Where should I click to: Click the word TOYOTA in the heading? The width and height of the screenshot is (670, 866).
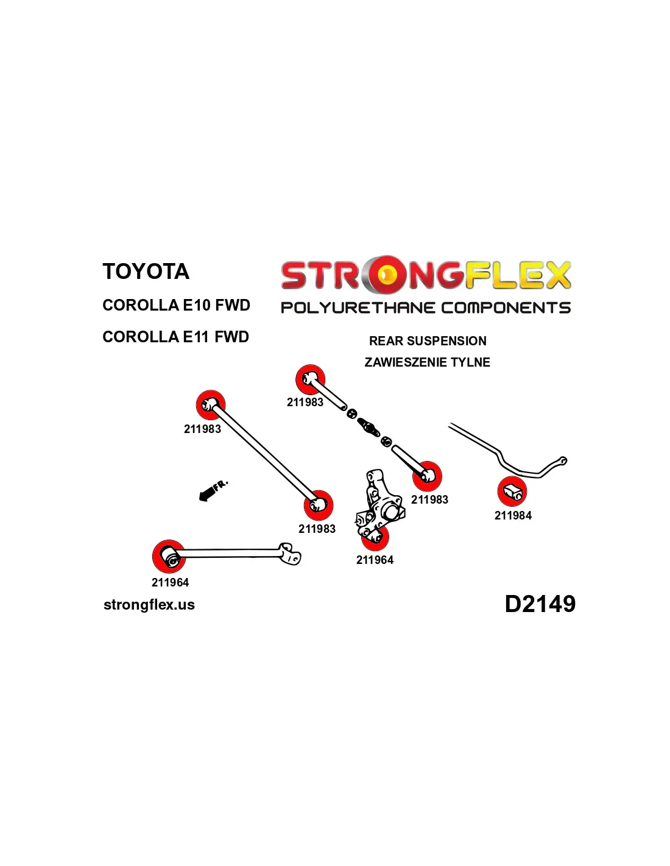[146, 272]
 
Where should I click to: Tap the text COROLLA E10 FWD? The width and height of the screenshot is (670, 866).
[176, 305]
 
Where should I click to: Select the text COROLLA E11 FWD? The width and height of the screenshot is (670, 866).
[175, 337]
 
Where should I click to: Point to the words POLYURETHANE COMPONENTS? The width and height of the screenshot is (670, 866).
[425, 308]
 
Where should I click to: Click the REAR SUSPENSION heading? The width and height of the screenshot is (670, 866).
[428, 341]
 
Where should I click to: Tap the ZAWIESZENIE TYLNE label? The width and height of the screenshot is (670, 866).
[427, 362]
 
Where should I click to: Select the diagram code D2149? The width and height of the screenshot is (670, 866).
[540, 604]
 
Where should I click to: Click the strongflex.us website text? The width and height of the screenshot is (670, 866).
[149, 605]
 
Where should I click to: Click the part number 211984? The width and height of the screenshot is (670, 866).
[513, 516]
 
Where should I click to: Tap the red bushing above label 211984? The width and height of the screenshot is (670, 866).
[512, 491]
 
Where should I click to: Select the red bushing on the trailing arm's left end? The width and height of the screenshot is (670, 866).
[169, 555]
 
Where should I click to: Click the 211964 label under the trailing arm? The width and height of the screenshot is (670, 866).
[170, 583]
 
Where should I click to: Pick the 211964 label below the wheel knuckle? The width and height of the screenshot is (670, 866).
[375, 560]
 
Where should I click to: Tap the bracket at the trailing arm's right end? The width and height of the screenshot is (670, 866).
[289, 554]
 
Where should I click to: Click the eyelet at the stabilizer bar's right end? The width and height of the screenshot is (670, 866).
[563, 461]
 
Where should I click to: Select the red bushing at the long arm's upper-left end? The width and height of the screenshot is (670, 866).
[211, 404]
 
